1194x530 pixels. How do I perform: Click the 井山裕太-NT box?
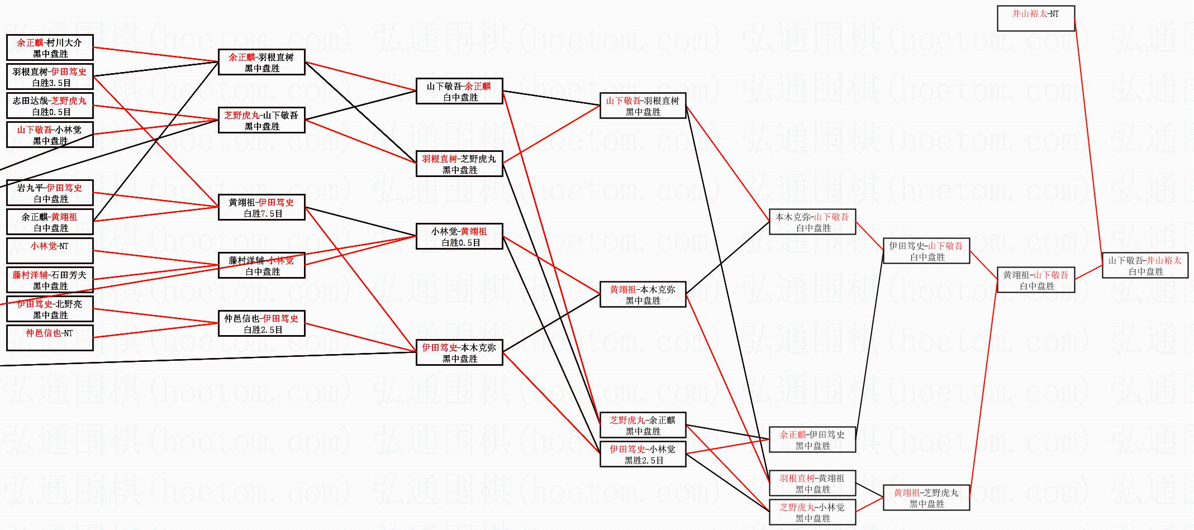(1035, 18)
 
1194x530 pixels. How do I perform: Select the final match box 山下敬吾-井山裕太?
(1145, 266)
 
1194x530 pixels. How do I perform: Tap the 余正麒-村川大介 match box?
(50, 47)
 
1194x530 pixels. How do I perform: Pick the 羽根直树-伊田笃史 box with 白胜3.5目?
(50, 77)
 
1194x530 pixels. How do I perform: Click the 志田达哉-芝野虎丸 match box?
(50, 106)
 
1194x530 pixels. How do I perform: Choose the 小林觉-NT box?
(50, 251)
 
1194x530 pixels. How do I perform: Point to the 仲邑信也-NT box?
(50, 338)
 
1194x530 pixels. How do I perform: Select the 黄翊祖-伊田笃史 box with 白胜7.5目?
(261, 208)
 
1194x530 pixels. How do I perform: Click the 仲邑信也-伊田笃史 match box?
(261, 324)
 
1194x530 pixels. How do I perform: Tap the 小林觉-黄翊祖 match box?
(459, 237)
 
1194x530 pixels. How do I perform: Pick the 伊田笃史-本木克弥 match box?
(459, 353)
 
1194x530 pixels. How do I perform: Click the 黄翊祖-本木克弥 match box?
(643, 295)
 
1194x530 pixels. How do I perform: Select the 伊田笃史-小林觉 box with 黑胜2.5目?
(643, 455)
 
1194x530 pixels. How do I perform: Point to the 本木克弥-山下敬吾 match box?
(812, 222)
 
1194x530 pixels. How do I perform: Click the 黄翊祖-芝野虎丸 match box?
(926, 498)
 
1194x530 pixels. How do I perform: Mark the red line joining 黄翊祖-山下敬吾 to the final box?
(1088, 273)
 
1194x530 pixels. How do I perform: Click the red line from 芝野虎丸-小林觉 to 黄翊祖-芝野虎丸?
(869, 505)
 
